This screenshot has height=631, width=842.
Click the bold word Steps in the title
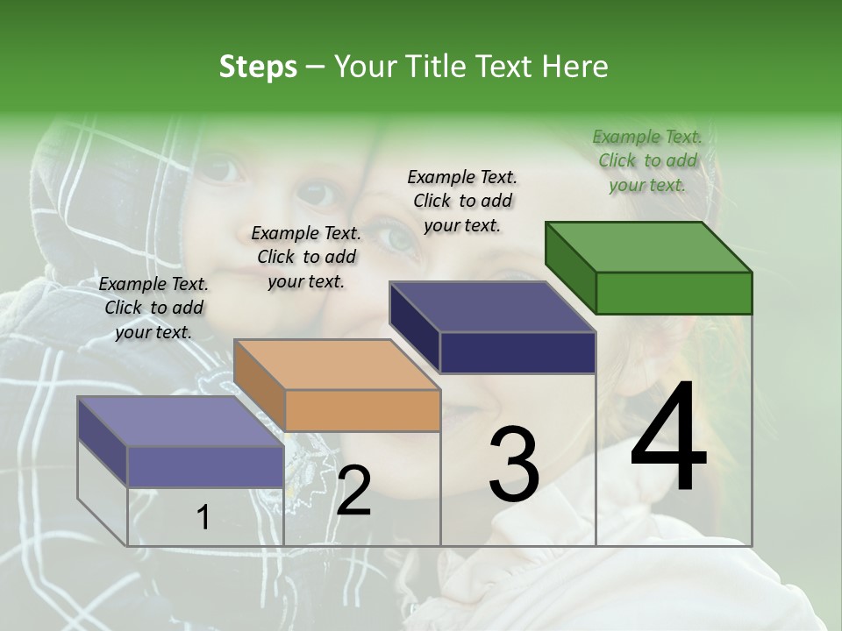click(258, 67)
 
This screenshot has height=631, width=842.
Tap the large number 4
click(668, 438)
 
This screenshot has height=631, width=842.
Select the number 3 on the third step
click(514, 464)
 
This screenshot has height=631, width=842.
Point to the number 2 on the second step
click(354, 491)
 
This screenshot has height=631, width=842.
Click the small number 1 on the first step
click(203, 517)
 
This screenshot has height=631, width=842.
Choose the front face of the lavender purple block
click(205, 466)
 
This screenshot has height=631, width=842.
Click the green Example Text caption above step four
click(647, 160)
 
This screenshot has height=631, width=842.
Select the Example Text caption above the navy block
click(462, 201)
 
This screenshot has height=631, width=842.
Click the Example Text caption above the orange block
click(306, 257)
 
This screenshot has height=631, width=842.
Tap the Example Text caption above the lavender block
click(153, 308)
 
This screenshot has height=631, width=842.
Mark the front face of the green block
click(674, 293)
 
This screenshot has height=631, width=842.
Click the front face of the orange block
click(362, 410)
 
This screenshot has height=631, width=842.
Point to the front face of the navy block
click(517, 352)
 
